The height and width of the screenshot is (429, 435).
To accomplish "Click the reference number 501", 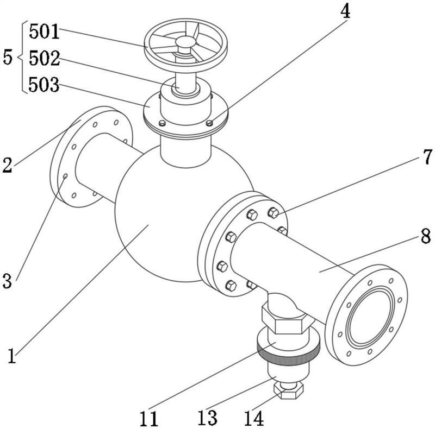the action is (x=45, y=31).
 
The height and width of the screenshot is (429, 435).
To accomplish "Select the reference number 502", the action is (x=45, y=58).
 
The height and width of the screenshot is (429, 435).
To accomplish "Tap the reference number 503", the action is (x=44, y=85).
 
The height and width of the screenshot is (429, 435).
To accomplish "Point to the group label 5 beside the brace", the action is (x=8, y=58).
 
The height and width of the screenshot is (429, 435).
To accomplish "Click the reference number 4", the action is (x=345, y=11).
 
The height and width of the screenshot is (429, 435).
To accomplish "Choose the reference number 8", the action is (x=426, y=236).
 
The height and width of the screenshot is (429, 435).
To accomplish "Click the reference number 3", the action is (x=7, y=280).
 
